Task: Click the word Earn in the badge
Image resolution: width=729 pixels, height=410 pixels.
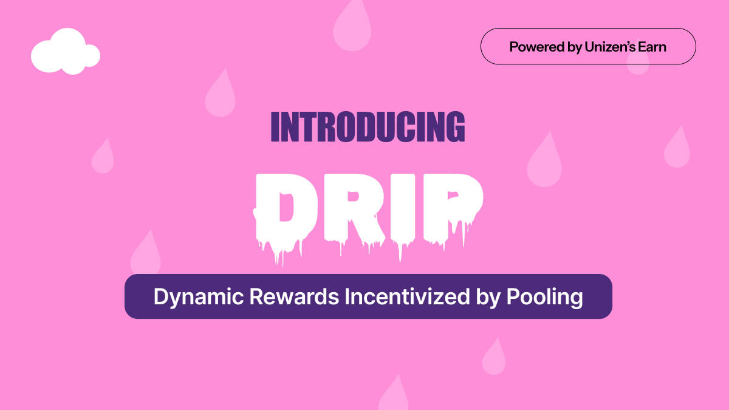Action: pos(651,47)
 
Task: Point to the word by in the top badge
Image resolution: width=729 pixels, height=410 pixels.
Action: pos(574,47)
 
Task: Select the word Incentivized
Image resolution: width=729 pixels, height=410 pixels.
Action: pos(407,296)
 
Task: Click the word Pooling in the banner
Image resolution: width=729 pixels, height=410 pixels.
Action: pos(544,296)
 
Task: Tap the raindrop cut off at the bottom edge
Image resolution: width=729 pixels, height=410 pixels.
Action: pos(394,395)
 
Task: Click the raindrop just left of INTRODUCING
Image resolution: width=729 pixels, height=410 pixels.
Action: pos(220,95)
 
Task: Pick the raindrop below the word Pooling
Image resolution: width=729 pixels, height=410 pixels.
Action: pos(494,358)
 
